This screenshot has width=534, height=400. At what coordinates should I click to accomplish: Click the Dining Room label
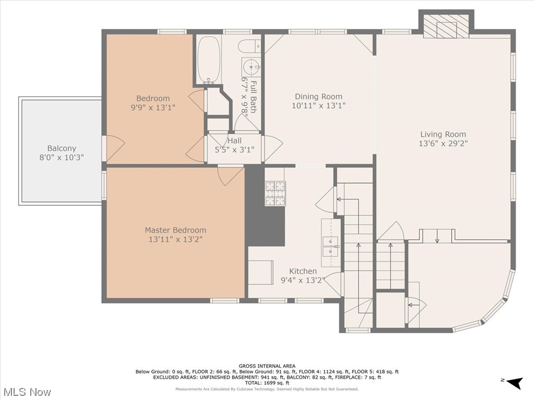click(x=319, y=96)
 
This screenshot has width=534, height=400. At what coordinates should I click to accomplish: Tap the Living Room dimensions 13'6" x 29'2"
click(x=443, y=143)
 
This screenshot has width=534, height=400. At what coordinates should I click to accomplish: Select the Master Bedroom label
click(x=175, y=230)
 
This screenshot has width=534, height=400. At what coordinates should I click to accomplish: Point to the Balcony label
click(x=62, y=148)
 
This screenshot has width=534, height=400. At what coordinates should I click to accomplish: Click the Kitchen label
click(x=303, y=271)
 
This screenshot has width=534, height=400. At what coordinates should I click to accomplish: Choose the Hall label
click(x=234, y=141)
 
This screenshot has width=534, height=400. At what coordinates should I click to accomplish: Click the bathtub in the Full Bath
click(x=209, y=59)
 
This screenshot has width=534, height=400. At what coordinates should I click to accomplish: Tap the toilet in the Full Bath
click(x=249, y=46)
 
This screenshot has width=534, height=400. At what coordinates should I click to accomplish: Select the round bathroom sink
click(x=251, y=67)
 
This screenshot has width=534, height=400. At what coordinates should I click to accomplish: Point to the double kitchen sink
click(x=331, y=246)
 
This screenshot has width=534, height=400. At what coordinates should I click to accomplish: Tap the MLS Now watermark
click(x=27, y=392)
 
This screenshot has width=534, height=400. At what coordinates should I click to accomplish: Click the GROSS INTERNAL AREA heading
click(x=267, y=366)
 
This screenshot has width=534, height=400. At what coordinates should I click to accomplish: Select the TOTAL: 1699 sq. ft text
click(x=267, y=383)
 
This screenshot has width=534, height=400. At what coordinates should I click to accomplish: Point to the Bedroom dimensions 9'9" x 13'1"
click(x=153, y=107)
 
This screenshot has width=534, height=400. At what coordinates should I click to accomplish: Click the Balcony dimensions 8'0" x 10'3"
click(x=62, y=157)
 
